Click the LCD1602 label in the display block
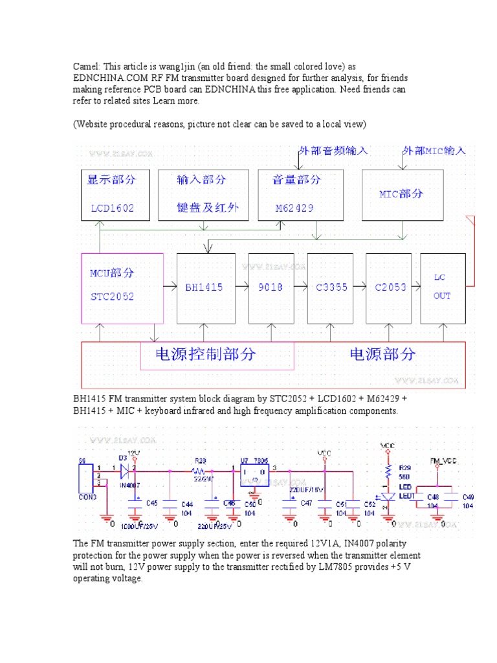click(113, 209)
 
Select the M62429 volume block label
click(296, 209)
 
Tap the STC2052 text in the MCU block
click(112, 296)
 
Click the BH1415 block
click(205, 287)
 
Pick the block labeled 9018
click(270, 287)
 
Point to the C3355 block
click(330, 287)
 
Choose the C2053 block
click(390, 287)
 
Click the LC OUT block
click(443, 287)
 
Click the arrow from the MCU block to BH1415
click(170, 286)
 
